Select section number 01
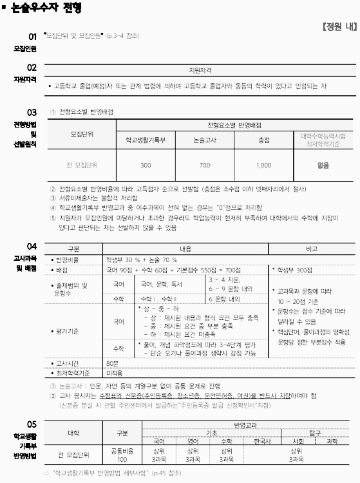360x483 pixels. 32,37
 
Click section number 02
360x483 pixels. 32,67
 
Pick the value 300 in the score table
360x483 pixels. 146,166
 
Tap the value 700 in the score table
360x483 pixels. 205,166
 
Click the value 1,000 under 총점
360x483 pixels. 264,166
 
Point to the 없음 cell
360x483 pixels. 323,166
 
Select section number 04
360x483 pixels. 32,247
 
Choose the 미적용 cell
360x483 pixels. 115,372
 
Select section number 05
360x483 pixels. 32,424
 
